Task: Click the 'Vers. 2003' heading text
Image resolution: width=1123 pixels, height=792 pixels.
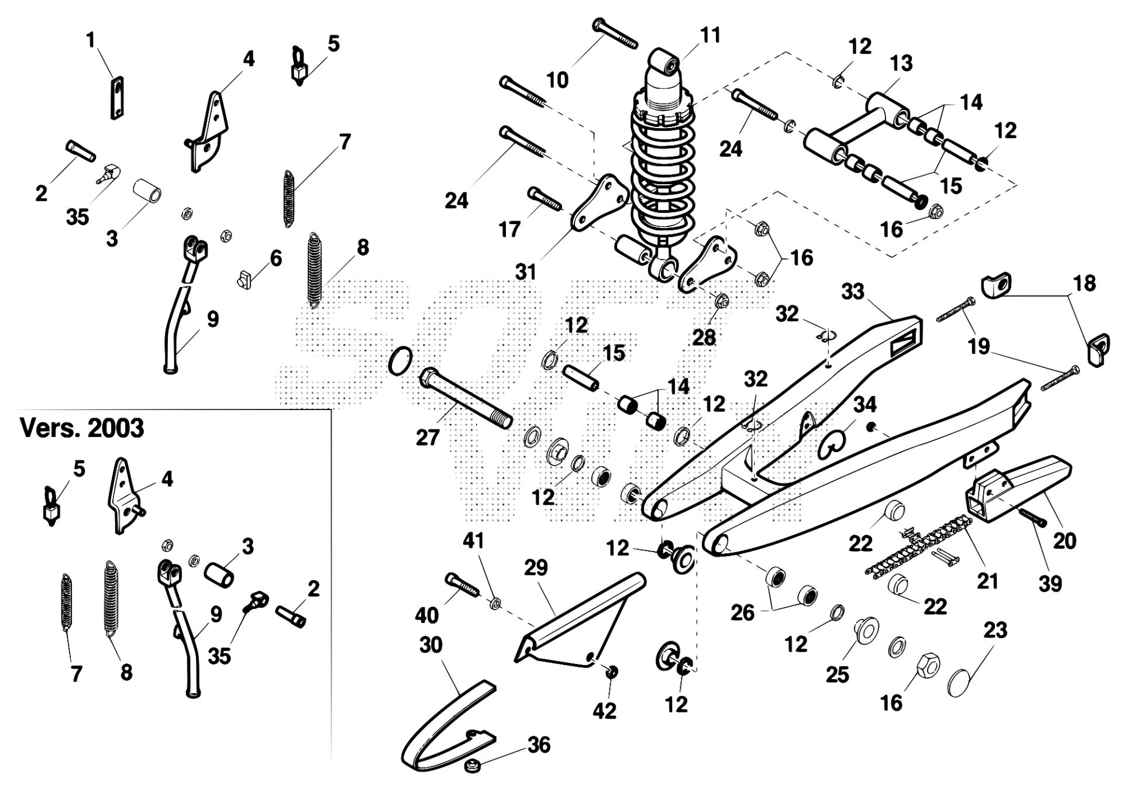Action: [x=82, y=429]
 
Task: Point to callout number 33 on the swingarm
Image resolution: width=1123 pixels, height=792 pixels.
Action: [x=853, y=291]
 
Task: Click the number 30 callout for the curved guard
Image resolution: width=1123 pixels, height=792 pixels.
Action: [x=431, y=645]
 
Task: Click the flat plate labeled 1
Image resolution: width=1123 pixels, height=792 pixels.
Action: [x=118, y=98]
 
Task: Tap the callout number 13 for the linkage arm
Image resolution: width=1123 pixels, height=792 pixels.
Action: [x=901, y=63]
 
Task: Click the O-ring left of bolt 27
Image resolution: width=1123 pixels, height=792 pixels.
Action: [x=400, y=360]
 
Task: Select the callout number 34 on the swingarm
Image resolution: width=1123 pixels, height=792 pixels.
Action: [x=864, y=404]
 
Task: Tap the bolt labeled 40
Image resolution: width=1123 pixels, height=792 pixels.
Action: [x=462, y=584]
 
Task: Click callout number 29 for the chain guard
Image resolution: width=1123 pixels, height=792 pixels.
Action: [x=536, y=568]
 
